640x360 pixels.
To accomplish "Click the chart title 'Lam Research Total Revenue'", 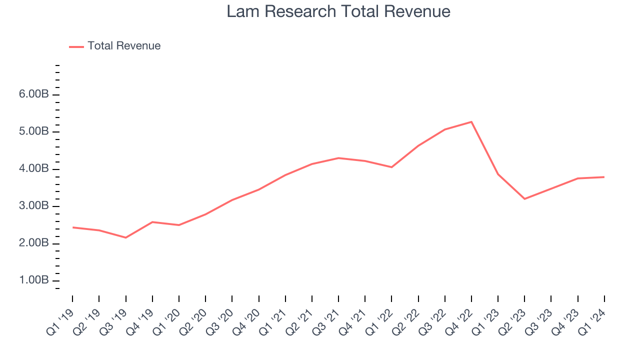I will tap(338, 11).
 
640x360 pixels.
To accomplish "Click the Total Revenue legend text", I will tap(124, 46).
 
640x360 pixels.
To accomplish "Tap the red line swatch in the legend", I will tap(76, 46).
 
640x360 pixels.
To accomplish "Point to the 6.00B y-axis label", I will tap(34, 95).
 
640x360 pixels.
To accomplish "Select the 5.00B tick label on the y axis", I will tap(34, 132).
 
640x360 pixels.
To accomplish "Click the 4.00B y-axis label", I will tap(34, 169).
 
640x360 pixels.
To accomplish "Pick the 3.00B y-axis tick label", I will tap(34, 206).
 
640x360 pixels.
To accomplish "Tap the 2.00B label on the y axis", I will tap(34, 243).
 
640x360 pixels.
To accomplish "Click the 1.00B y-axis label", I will tap(34, 280).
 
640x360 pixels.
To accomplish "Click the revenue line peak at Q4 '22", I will tap(471, 122).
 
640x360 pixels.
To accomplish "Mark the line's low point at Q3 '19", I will tap(125, 237).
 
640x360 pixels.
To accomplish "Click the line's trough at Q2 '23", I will tap(524, 199).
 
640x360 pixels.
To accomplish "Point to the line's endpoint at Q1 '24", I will tap(604, 177).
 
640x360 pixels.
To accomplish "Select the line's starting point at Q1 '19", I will tap(72, 227).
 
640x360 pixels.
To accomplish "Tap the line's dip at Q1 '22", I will tap(391, 167).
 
